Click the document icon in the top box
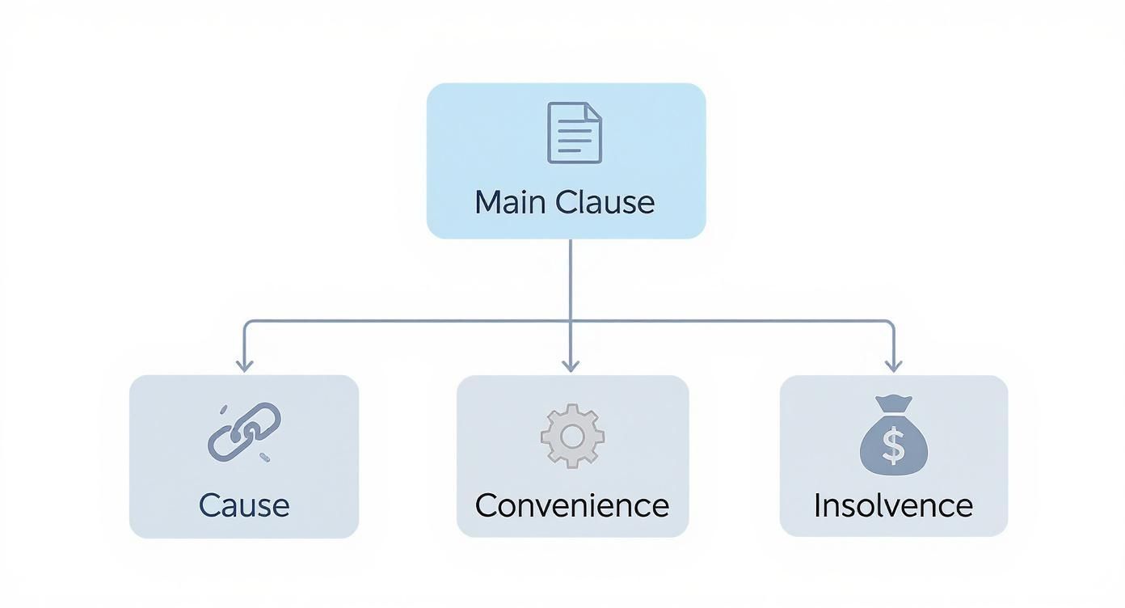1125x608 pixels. [575, 133]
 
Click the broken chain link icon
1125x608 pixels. [244, 432]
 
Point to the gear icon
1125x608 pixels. [572, 436]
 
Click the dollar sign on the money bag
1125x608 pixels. [893, 446]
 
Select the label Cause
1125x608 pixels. [244, 505]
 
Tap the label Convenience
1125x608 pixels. [572, 505]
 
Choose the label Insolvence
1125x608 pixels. [893, 505]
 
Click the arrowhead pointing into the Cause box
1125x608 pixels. [244, 366]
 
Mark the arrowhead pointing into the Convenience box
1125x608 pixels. [571, 366]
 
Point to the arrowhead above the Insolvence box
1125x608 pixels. [893, 366]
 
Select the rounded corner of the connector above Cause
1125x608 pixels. [246, 323]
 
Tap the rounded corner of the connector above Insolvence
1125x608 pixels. [891, 323]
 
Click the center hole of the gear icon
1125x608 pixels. [572, 437]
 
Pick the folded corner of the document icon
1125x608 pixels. [594, 111]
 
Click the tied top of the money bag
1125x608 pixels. [893, 403]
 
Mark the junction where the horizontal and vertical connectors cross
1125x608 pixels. [571, 321]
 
